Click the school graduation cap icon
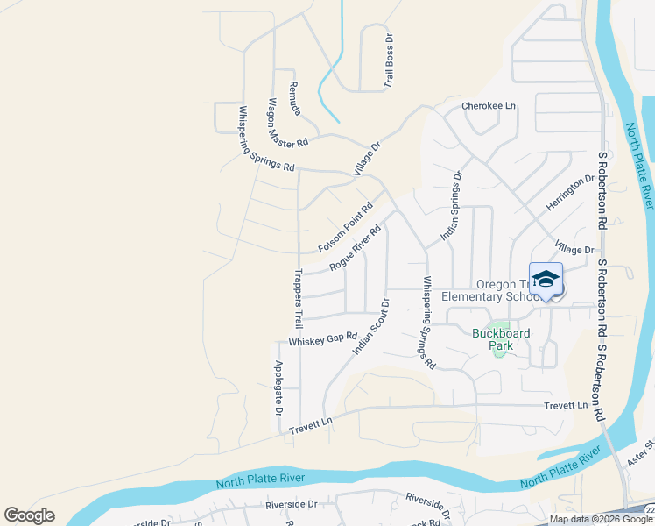pyautogui.click(x=546, y=280)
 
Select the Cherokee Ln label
pyautogui.click(x=489, y=106)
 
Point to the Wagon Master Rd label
pyautogui.click(x=288, y=123)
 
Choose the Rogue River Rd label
pyautogui.click(x=356, y=248)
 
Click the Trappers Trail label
pyautogui.click(x=299, y=294)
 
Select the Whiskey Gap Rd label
pyautogui.click(x=323, y=338)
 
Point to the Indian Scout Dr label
pyautogui.click(x=370, y=325)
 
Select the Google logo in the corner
pyautogui.click(x=30, y=515)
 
